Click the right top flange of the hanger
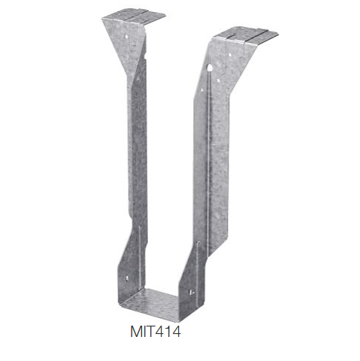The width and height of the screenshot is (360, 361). click(x=246, y=35)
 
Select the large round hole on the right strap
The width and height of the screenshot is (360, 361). click(x=209, y=69)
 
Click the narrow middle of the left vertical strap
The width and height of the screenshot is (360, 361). click(x=138, y=150)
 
